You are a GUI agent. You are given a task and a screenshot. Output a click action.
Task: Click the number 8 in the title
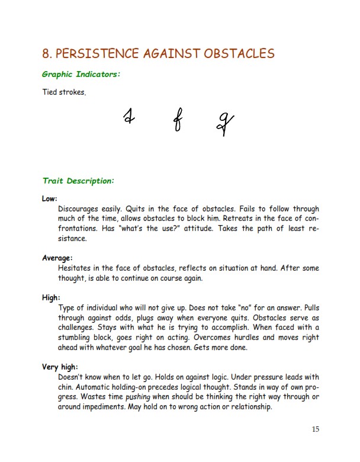point(46,53)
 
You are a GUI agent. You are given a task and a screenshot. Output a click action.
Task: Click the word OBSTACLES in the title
point(239,53)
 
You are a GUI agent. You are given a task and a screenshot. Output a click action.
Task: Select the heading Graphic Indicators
point(81,75)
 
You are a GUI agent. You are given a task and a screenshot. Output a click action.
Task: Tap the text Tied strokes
point(64,92)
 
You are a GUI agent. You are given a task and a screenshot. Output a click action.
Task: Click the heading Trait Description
point(78,181)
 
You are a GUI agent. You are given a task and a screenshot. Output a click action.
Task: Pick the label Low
point(50,199)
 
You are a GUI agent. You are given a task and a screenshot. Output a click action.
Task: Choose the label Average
point(57,258)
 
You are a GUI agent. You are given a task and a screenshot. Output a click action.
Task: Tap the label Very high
point(60,367)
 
